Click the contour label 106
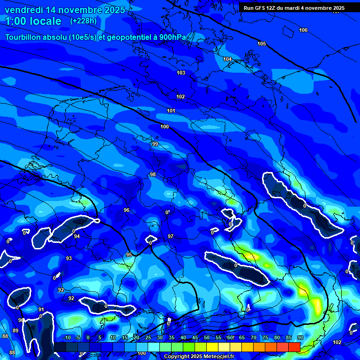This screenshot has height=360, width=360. [x=303, y=30]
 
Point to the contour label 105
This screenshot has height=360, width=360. [x=262, y=44]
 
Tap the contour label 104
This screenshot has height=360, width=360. [x=227, y=59]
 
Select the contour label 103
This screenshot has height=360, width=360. [x=181, y=73]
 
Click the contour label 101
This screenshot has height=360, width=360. [x=171, y=111]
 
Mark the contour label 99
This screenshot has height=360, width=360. [x=155, y=144]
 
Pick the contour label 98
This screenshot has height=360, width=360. [x=152, y=174]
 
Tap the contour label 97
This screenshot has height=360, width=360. [x=171, y=236]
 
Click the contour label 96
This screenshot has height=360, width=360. [x=127, y=210]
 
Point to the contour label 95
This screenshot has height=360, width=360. [x=129, y=255]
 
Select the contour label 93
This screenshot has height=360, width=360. [x=69, y=258]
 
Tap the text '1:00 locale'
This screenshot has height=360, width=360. [x=33, y=21]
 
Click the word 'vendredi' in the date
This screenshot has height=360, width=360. [x=22, y=10]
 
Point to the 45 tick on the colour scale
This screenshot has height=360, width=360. [x=195, y=337]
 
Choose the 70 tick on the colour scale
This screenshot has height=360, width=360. [x=253, y=337]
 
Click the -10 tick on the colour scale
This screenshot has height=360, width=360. [x=67, y=337]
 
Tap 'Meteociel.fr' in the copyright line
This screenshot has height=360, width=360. [x=218, y=357]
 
